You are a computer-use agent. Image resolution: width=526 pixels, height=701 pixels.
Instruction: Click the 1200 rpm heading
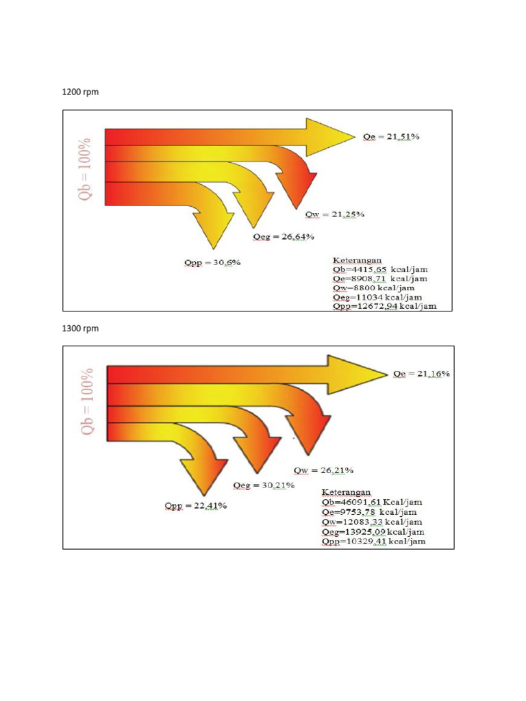(80, 92)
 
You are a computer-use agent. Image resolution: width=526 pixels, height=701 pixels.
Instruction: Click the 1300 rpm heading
(80, 329)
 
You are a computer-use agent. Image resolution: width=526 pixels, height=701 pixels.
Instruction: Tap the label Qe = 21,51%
(391, 137)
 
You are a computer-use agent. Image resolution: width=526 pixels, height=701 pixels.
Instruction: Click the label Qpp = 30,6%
(212, 262)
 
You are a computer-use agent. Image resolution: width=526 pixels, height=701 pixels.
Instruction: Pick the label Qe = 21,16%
(421, 374)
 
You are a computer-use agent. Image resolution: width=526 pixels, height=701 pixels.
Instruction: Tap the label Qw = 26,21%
(323, 470)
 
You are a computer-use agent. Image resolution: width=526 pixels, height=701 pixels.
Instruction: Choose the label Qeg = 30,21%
(264, 485)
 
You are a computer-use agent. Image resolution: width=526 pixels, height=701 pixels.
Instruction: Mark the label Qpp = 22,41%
(195, 506)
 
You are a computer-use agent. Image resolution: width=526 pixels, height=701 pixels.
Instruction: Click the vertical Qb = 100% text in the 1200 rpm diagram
(85, 169)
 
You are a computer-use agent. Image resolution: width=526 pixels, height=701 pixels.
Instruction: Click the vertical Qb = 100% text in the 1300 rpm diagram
(88, 404)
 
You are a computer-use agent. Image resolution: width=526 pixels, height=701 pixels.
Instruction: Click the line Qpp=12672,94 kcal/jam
(384, 306)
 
